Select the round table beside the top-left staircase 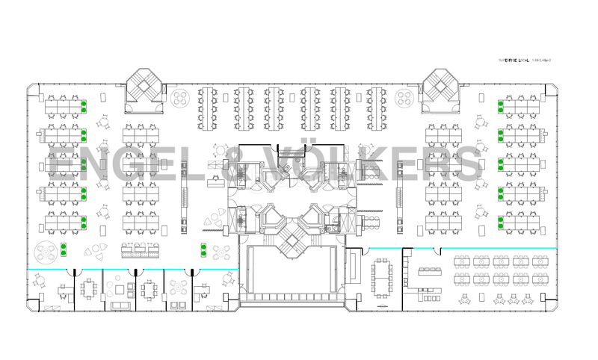click(180, 98)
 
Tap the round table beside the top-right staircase click(406, 98)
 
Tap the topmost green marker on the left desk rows click(84, 105)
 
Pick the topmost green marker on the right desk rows click(501, 105)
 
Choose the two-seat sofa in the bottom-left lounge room click(120, 305)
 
